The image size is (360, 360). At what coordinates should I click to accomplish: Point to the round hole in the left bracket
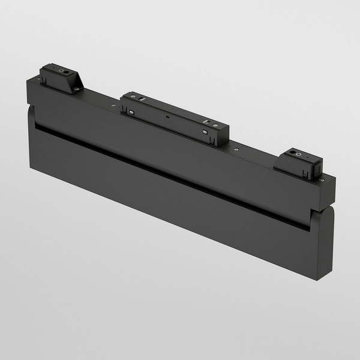coord(63,70)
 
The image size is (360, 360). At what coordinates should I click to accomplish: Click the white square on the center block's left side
coord(129,111)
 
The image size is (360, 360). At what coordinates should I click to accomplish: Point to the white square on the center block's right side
coord(205,130)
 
